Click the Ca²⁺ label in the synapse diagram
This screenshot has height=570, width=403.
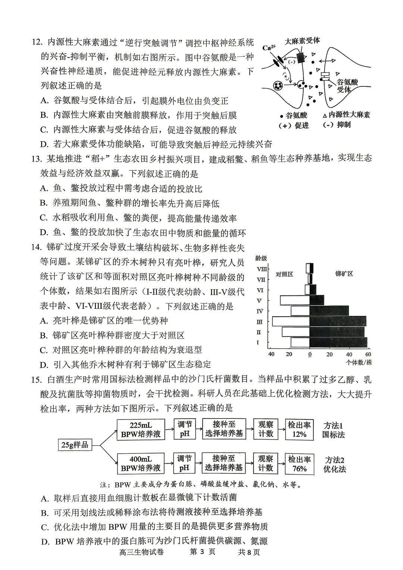pos(269,47)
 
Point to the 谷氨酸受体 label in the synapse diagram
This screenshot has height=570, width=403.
pos(347,86)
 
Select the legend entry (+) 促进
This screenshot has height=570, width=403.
pos(294,126)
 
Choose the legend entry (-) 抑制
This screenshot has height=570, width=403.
pos(337,124)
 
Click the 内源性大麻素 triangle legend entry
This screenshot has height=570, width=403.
pos(346,115)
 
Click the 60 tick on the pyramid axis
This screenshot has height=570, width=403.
pos(368,354)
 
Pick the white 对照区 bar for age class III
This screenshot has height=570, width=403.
pos(291,322)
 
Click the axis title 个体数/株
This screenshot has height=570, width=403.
pos(359,362)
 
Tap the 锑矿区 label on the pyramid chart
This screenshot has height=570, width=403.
pos(344,274)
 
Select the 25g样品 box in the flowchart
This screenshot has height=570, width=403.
pos(75,444)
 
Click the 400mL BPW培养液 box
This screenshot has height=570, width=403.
pos(141,463)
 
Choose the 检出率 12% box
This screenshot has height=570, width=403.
pos(299,429)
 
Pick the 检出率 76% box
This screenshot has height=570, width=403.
pos(299,463)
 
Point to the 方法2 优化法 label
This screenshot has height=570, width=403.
pos(334,464)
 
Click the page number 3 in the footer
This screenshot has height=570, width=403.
pos(202,552)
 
